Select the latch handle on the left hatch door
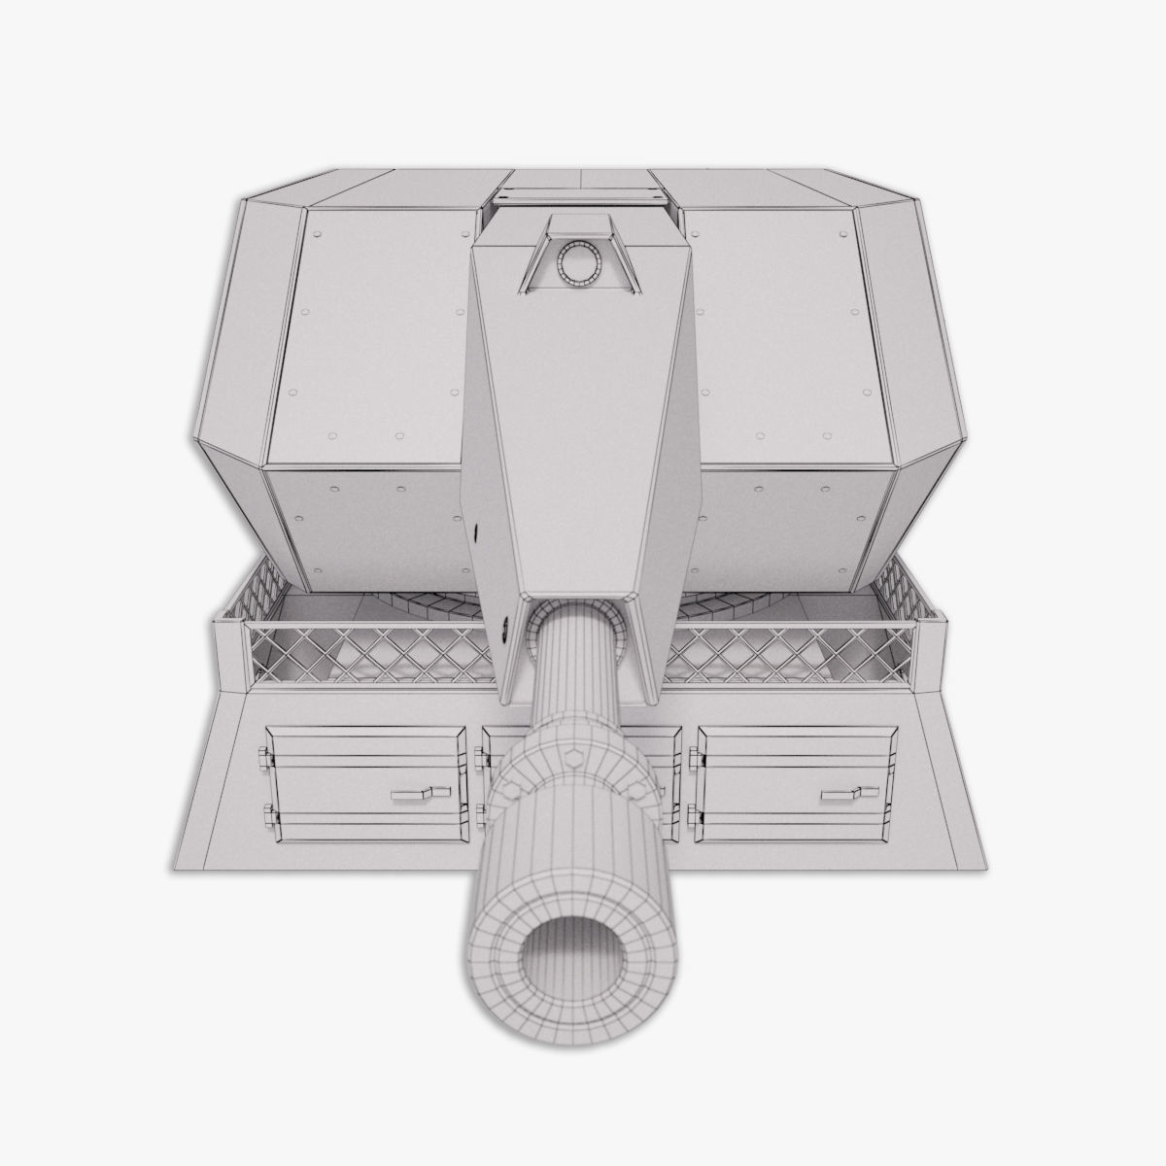pos(421,794)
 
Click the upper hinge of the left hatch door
pos(264,755)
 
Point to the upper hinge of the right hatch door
pos(693,755)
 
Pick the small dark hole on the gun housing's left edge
pos(478,533)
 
